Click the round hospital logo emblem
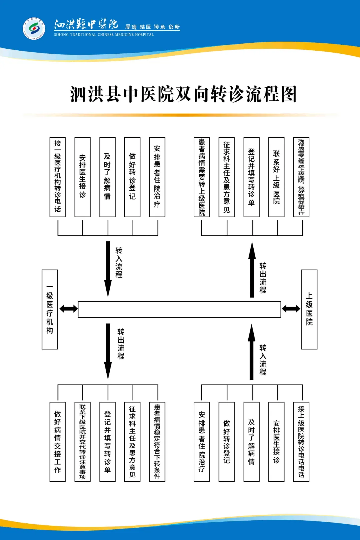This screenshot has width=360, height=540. [x=34, y=28]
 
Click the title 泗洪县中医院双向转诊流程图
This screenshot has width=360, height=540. [x=183, y=94]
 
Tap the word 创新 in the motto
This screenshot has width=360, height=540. [x=174, y=27]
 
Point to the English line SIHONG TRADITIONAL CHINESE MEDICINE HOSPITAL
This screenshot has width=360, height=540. [x=104, y=35]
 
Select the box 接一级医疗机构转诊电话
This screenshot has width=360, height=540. [x=58, y=177]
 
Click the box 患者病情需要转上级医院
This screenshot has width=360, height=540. [x=202, y=177]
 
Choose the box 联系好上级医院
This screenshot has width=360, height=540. [x=276, y=177]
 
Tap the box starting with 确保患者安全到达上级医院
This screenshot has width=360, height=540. [x=301, y=177]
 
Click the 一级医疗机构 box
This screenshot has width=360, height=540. [x=50, y=309]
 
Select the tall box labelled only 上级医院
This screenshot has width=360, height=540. [x=309, y=309]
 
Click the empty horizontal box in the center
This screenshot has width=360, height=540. [x=179, y=309]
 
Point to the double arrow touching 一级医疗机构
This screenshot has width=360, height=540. [x=68, y=309]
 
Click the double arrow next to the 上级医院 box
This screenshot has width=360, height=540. [x=291, y=309]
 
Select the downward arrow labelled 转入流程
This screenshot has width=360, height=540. [x=108, y=268]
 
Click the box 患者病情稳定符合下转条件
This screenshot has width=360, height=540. [x=157, y=442]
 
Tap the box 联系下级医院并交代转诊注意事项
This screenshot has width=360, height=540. [x=82, y=442]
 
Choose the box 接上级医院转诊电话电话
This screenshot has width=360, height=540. [x=301, y=442]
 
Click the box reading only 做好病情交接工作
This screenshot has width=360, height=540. [x=58, y=442]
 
